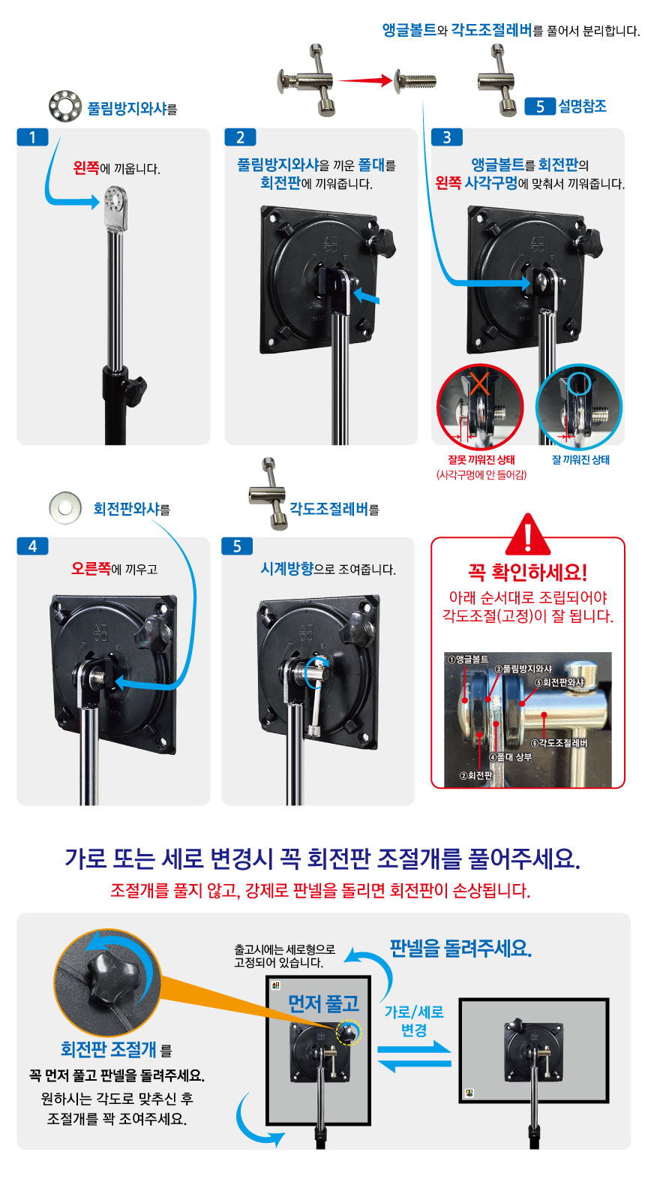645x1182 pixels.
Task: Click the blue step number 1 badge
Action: (x=33, y=137)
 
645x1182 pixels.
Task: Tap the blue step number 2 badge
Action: (x=240, y=137)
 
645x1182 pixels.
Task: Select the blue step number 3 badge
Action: (x=447, y=137)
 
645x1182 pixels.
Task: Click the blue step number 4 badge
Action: (x=33, y=546)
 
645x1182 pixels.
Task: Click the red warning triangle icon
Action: (x=528, y=534)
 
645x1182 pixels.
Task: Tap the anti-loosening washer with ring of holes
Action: (x=64, y=106)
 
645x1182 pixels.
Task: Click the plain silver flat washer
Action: (x=64, y=507)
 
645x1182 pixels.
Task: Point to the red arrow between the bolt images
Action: (x=365, y=81)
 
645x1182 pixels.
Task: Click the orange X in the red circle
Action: (x=478, y=383)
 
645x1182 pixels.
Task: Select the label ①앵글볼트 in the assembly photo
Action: (x=468, y=659)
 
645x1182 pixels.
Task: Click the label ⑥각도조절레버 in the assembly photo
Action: (x=559, y=743)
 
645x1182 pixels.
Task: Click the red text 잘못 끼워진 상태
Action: (x=481, y=459)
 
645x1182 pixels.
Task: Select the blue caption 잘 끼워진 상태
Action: (x=580, y=459)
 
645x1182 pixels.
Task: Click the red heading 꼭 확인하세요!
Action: (x=527, y=572)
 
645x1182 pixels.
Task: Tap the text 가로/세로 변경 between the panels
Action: (x=414, y=1021)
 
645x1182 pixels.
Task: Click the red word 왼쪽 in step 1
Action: (x=86, y=168)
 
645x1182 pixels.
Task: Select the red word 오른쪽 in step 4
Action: (x=91, y=569)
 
